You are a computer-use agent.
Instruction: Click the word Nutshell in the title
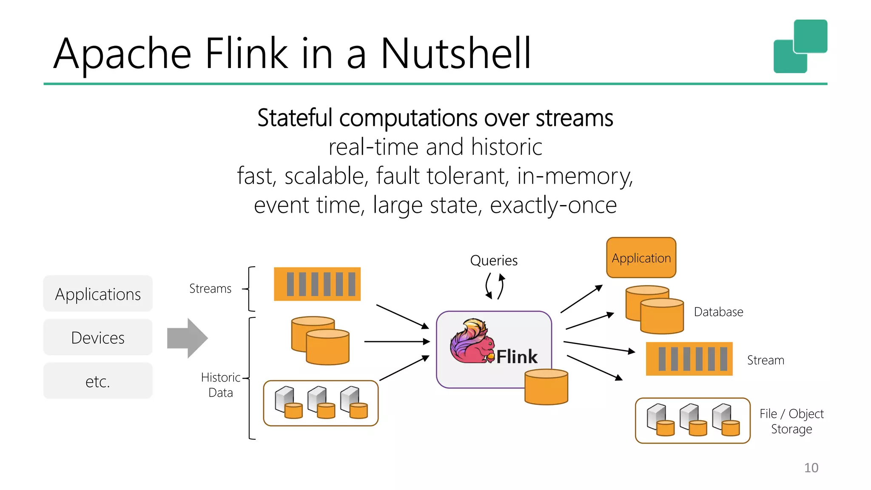(x=455, y=54)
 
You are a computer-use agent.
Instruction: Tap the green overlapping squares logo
(x=800, y=46)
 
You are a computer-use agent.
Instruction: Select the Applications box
(x=98, y=294)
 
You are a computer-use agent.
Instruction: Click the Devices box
(x=98, y=338)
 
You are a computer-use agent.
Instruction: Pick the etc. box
(x=98, y=381)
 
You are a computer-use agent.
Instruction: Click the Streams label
(x=210, y=288)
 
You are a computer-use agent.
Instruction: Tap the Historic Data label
(x=220, y=385)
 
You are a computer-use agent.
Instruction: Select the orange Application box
(x=641, y=258)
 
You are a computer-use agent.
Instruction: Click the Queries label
(x=494, y=260)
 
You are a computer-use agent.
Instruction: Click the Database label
(x=718, y=312)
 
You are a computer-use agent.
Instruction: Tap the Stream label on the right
(x=766, y=360)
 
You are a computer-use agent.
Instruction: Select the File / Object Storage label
(x=791, y=421)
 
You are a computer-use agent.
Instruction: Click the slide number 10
(x=811, y=467)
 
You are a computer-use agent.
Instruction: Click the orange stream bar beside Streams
(x=317, y=284)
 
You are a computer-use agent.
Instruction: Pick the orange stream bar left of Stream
(x=689, y=359)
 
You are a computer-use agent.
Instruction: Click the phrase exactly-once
(x=553, y=205)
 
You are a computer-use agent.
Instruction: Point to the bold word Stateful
(x=294, y=118)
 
